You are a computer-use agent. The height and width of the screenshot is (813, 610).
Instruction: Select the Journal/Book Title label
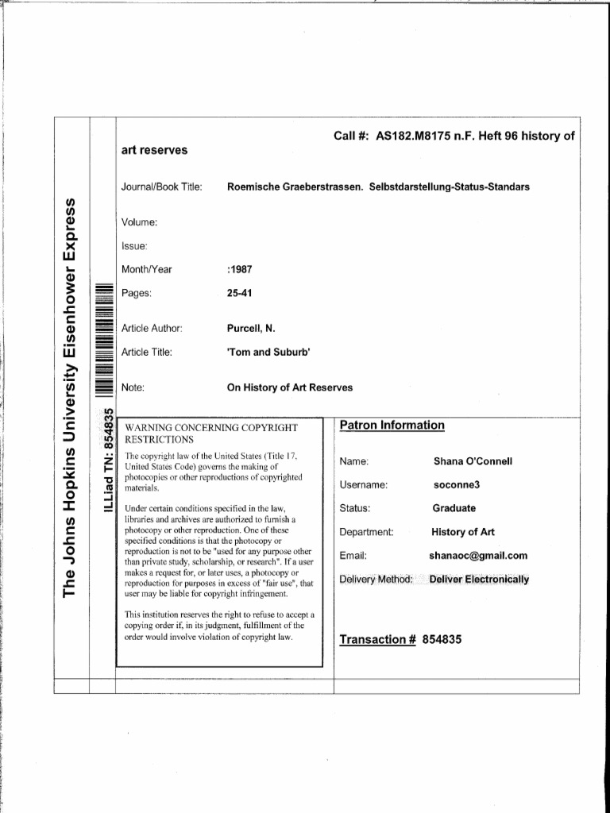click(162, 187)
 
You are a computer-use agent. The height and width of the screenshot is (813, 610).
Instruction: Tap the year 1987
click(240, 269)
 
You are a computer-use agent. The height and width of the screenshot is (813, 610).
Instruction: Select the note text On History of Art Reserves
click(290, 387)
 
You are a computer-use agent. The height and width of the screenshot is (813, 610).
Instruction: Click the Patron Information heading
click(392, 426)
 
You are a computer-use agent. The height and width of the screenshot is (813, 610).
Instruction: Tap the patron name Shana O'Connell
click(473, 461)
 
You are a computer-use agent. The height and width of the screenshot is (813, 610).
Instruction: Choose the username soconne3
click(457, 484)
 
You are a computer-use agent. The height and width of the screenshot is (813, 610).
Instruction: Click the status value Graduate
click(454, 508)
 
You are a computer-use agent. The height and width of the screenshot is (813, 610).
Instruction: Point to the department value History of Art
click(463, 532)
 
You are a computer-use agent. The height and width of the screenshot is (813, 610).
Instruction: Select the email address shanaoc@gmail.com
click(478, 556)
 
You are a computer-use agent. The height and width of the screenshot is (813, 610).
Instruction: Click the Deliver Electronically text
click(479, 580)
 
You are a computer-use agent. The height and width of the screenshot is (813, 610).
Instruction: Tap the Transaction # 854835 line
click(400, 640)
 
